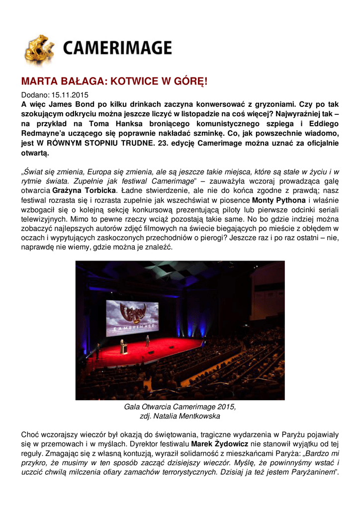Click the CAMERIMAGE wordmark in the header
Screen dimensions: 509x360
117,48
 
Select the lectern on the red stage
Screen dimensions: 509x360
124,348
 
